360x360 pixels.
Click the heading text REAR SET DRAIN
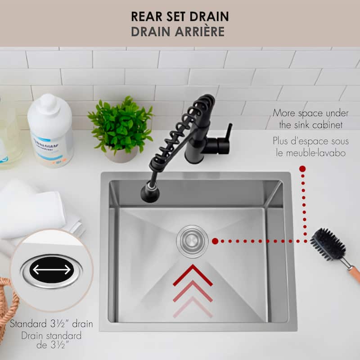tap(180, 17)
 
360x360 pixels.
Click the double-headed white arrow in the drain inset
tap(52, 270)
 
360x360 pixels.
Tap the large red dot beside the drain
tap(215, 241)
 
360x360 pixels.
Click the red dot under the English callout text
tap(302, 169)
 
